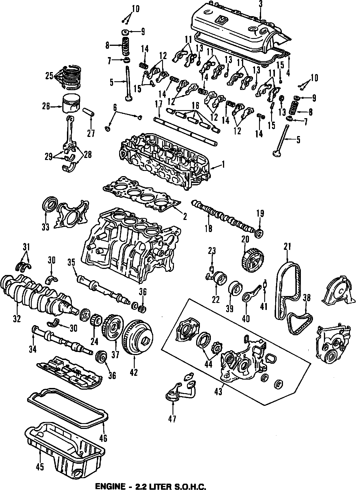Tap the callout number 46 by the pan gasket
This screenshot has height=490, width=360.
103,438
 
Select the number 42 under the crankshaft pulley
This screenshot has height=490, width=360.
134,372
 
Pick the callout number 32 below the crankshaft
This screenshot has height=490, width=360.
17,319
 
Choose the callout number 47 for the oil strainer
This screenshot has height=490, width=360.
172,418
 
